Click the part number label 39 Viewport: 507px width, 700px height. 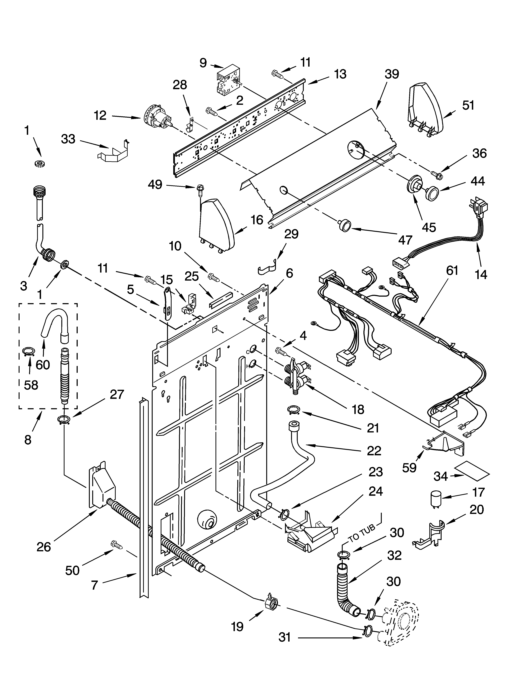pyautogui.click(x=391, y=74)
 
